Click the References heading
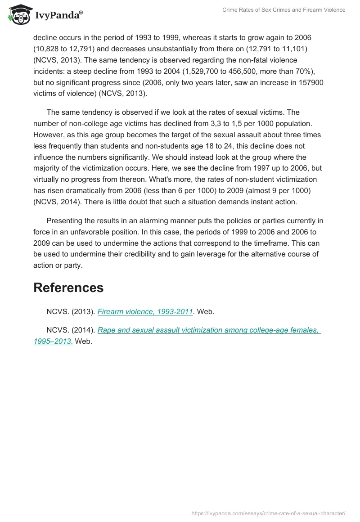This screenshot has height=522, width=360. coord(68,288)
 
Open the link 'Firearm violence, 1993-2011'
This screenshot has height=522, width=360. coord(145,311)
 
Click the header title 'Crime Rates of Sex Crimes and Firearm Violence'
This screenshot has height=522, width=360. coord(283,10)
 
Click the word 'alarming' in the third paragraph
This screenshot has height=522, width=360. coord(165,220)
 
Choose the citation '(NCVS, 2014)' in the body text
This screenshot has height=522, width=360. coord(55,202)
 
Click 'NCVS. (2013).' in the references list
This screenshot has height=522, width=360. coord(71,311)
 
